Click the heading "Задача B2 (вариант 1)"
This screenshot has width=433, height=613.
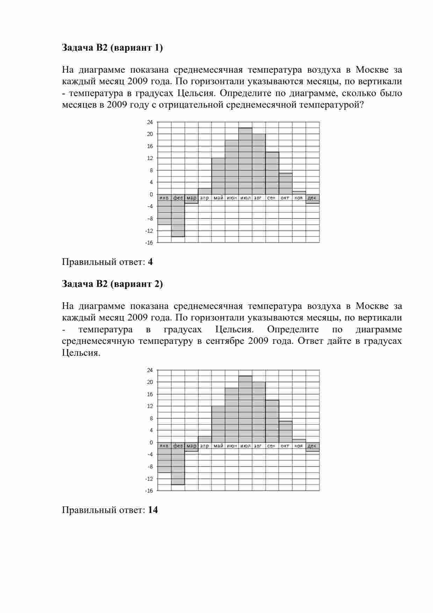click(x=112, y=48)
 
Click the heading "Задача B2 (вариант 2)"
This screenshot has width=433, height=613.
click(x=112, y=284)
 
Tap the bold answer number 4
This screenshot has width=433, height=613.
click(x=150, y=262)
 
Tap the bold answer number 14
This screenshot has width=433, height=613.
click(x=153, y=510)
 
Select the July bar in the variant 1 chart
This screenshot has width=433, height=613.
click(x=245, y=161)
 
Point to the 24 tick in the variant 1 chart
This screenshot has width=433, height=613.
click(x=150, y=122)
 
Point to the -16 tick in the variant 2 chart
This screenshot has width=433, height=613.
click(x=149, y=491)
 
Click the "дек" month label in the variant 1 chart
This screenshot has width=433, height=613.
click(x=312, y=198)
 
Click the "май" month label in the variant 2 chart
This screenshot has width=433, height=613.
click(x=218, y=446)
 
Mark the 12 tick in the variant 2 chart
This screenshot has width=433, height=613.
click(x=150, y=406)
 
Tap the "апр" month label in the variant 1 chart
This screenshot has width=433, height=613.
click(x=204, y=198)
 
